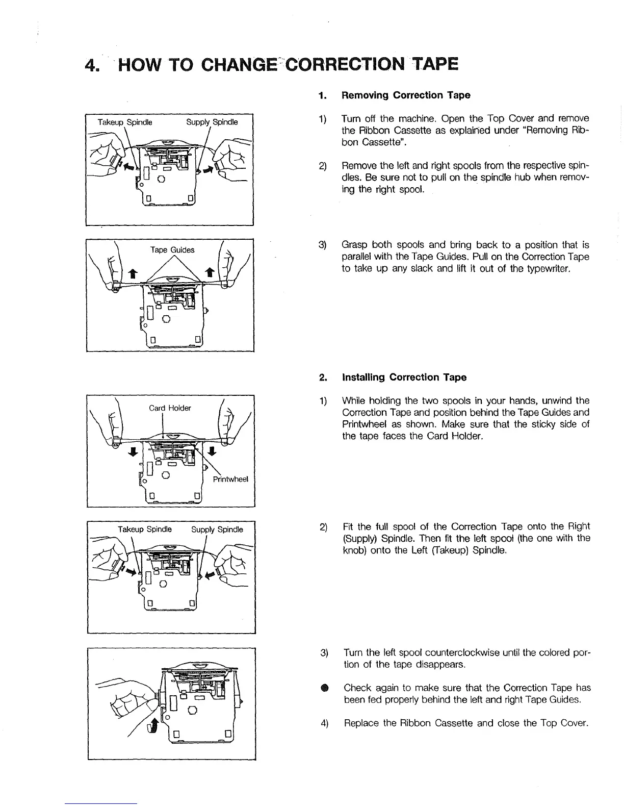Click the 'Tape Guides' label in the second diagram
click(x=172, y=250)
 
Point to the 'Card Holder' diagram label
click(x=170, y=408)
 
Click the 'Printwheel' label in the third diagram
click(x=231, y=479)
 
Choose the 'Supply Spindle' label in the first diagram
click(x=212, y=122)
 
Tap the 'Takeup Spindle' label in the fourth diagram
click(x=145, y=529)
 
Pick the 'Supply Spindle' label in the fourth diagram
click(x=217, y=529)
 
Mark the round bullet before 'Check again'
click(x=324, y=689)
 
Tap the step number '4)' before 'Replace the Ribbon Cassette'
click(x=324, y=723)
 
